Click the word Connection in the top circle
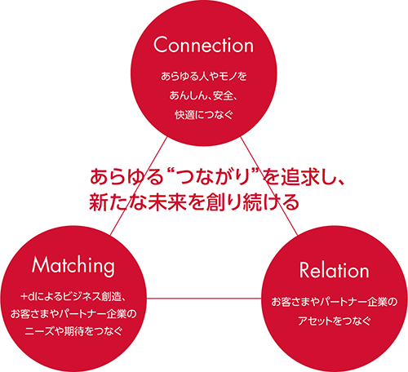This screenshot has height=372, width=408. click(x=203, y=45)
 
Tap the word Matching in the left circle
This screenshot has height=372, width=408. click(x=73, y=266)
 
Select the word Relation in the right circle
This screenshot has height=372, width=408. click(x=334, y=270)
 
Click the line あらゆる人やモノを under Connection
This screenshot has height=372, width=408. click(x=204, y=76)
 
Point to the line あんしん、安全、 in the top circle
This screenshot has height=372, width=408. click(x=203, y=95)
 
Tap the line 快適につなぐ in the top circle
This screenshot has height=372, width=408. click(x=204, y=115)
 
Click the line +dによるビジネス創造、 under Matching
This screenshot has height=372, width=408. click(x=73, y=296)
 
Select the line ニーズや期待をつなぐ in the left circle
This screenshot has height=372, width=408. click(x=73, y=331)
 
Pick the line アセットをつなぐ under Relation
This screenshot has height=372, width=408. click(x=335, y=321)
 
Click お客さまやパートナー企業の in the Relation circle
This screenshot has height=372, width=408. click(x=335, y=302)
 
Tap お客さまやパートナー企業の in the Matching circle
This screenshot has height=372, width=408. click(x=73, y=314)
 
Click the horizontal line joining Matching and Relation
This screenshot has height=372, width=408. click(x=204, y=299)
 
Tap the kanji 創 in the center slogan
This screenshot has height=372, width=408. click(x=215, y=202)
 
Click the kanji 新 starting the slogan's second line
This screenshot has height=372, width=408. click(x=99, y=202)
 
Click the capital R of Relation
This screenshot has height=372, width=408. click(x=304, y=270)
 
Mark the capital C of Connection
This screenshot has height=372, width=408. click(x=162, y=45)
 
